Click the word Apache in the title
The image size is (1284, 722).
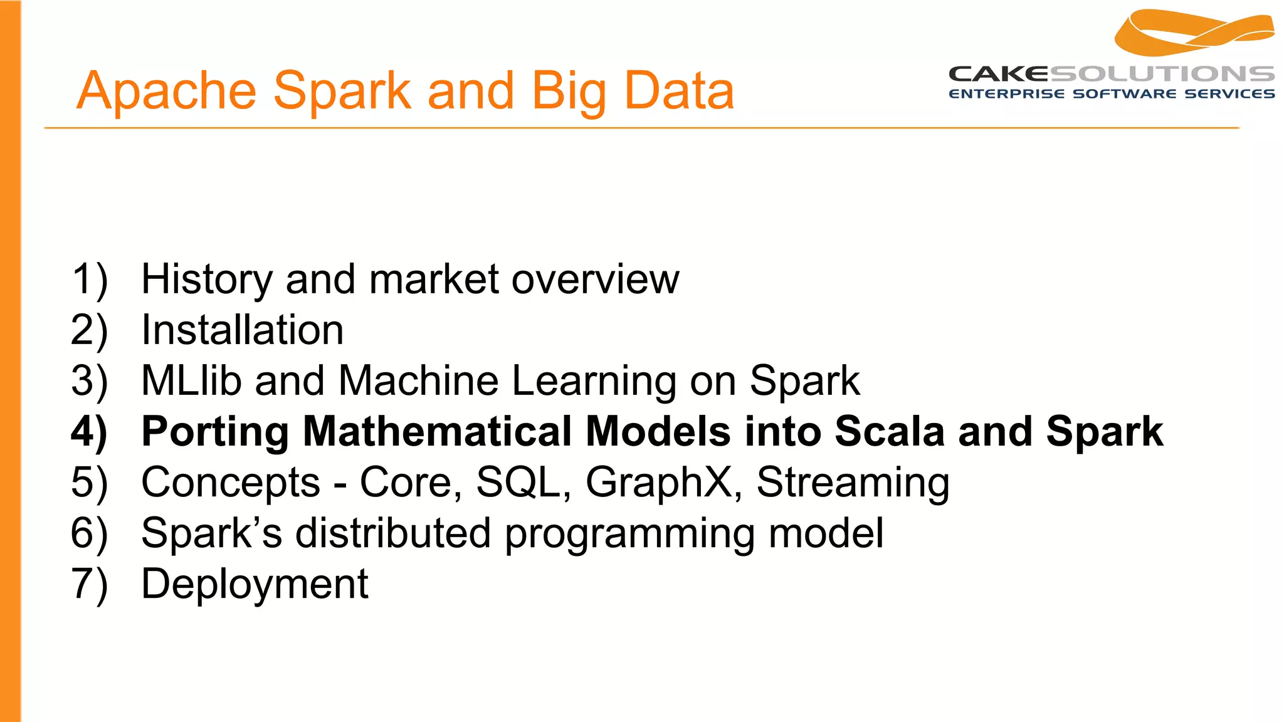click(166, 92)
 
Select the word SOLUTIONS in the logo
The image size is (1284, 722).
click(1162, 74)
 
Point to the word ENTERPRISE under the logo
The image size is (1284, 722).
click(1006, 94)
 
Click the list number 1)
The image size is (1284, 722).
click(90, 279)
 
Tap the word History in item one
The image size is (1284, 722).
click(206, 279)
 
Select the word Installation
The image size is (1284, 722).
click(242, 330)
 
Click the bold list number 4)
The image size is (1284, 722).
click(90, 432)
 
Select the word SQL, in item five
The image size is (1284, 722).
click(524, 483)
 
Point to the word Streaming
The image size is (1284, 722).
click(853, 483)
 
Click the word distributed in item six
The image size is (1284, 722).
click(393, 533)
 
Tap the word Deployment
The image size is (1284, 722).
click(255, 584)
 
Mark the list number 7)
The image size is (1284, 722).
click(90, 584)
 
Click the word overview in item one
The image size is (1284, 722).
click(595, 279)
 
